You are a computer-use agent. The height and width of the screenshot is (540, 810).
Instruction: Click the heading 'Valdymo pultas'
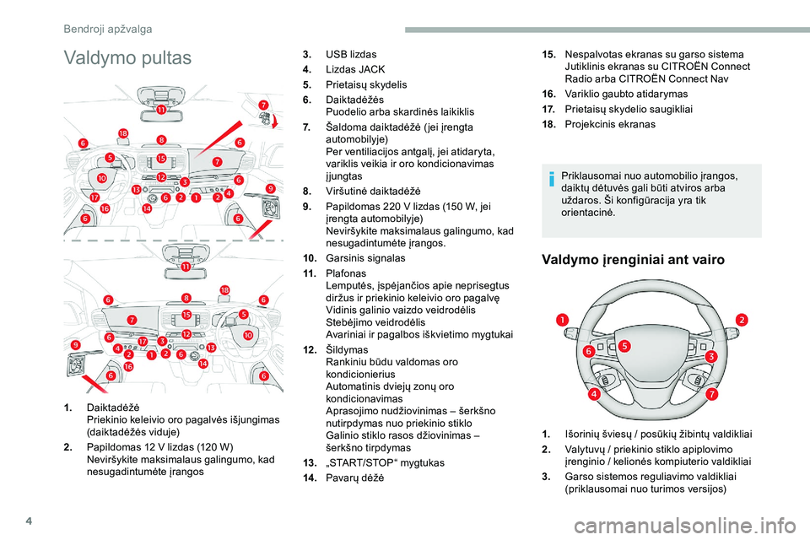pyautogui.click(x=127, y=58)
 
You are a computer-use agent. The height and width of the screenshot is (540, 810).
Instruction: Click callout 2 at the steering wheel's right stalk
pyautogui.click(x=742, y=319)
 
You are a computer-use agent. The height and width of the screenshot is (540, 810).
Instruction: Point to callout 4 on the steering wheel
pyautogui.click(x=595, y=394)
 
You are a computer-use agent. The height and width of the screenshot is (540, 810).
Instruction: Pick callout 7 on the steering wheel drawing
pyautogui.click(x=711, y=394)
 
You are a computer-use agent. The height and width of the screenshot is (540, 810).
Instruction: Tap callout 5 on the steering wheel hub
pyautogui.click(x=624, y=346)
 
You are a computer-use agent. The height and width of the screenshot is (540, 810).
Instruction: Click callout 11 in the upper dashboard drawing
pyautogui.click(x=160, y=110)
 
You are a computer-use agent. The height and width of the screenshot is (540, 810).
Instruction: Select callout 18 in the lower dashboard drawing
pyautogui.click(x=224, y=289)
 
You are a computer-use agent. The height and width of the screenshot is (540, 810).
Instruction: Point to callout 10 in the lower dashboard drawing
pyautogui.click(x=248, y=336)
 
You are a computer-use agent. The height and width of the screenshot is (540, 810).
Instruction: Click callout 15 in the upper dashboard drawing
pyautogui.click(x=161, y=158)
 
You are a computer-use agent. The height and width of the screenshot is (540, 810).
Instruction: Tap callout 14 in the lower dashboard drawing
pyautogui.click(x=202, y=364)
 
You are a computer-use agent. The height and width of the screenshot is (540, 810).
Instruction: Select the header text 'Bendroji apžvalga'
pyautogui.click(x=108, y=29)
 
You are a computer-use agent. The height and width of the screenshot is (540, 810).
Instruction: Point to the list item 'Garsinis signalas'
pyautogui.click(x=366, y=257)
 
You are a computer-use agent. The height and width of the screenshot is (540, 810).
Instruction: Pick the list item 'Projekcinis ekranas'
pyautogui.click(x=609, y=124)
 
